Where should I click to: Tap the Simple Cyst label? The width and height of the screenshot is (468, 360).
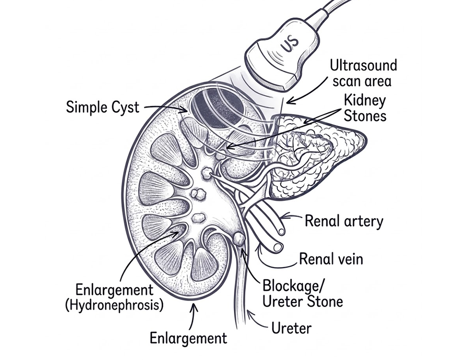102,107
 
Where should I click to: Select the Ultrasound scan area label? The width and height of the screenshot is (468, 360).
363,73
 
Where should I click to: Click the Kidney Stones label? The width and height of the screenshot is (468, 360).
365,108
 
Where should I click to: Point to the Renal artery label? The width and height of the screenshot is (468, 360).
344,221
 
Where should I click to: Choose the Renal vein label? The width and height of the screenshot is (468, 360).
331,259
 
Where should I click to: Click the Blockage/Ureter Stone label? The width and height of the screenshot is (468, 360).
302,294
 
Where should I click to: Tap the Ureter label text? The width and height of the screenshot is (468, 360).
291,328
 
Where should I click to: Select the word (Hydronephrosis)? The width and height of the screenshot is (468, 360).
114,305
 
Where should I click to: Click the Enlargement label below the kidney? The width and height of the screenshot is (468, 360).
188,338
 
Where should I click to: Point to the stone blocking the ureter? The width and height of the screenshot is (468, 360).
239,239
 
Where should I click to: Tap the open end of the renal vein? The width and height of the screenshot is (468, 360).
277,247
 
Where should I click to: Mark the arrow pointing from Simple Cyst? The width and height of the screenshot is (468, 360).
166,108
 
